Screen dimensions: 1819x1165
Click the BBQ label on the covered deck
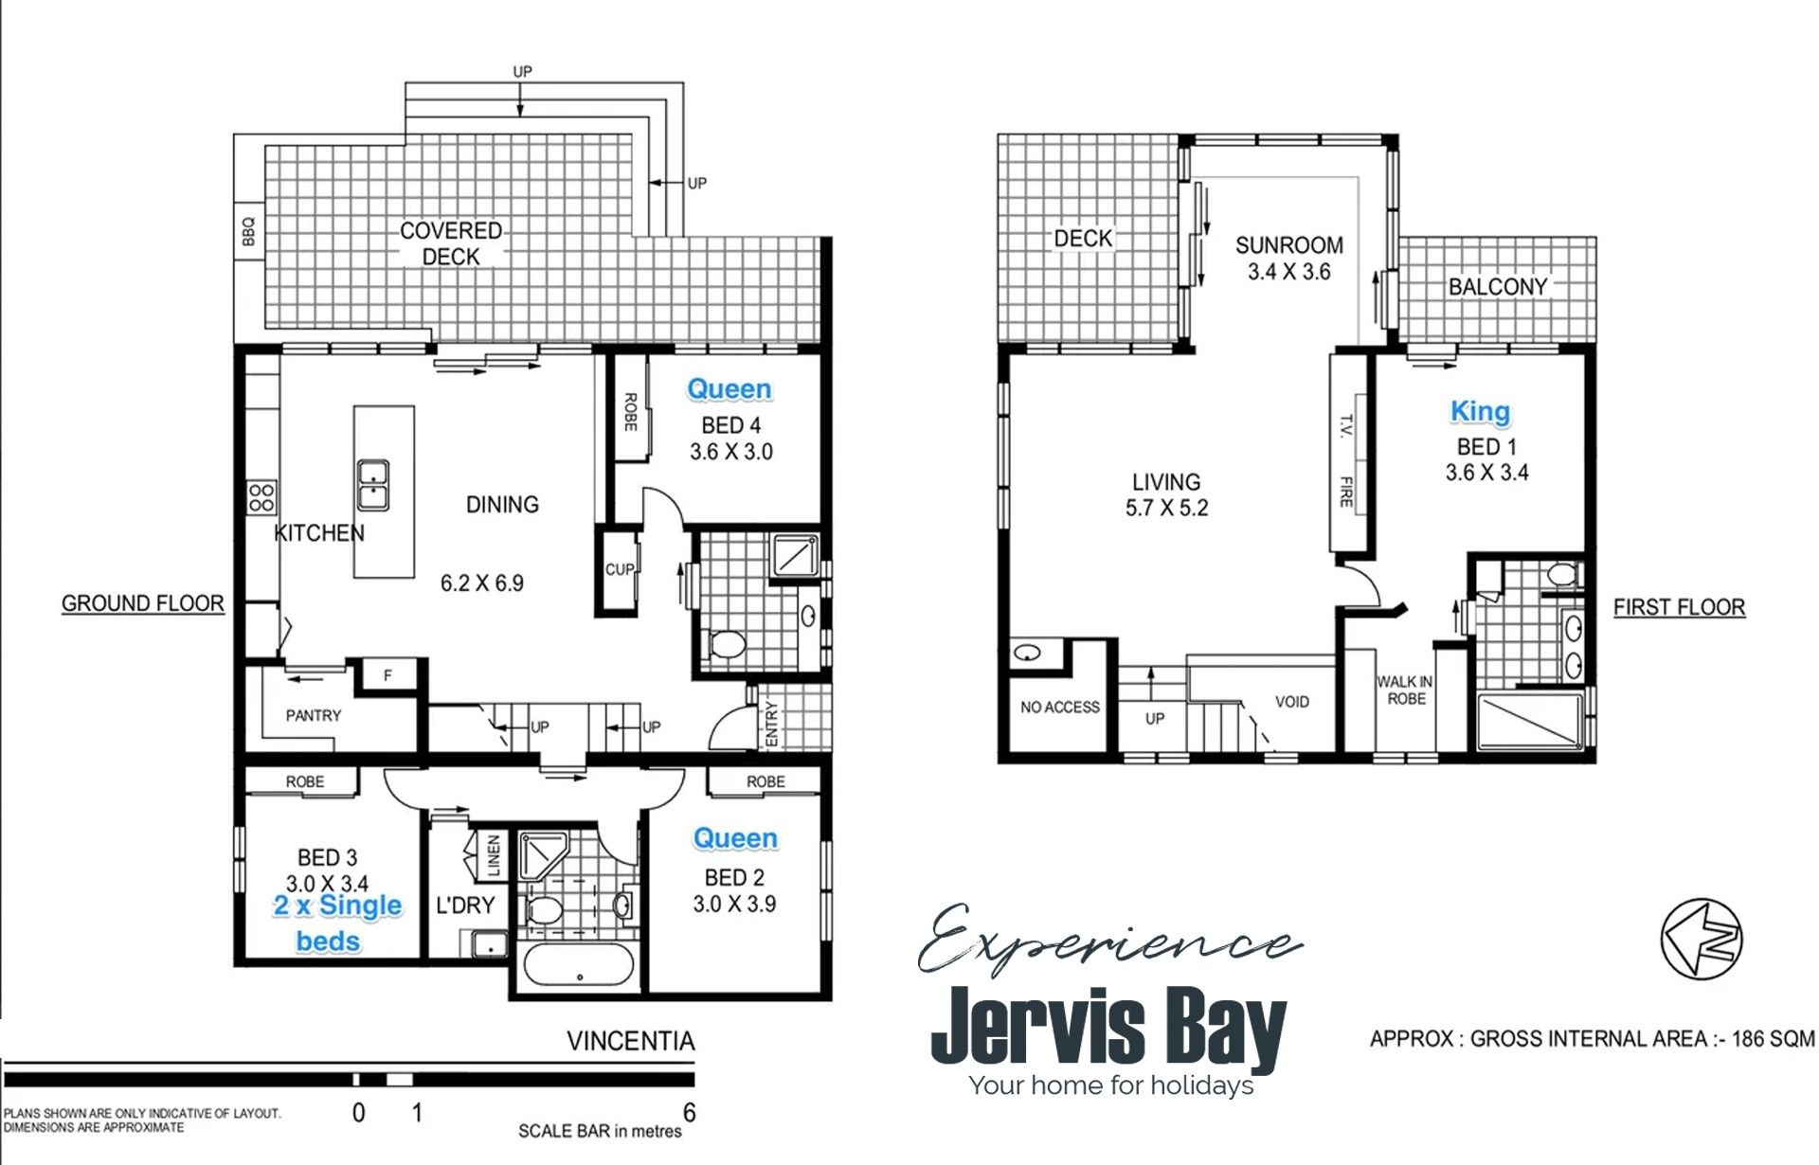coord(248,231)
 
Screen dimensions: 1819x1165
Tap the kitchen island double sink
coord(373,485)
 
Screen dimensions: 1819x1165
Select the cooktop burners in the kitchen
coord(261,497)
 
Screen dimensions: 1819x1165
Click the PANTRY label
coord(314,716)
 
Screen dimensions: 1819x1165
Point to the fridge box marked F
coord(387,675)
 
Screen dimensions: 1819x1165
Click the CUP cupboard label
coord(620,569)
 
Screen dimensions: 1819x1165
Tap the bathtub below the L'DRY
coord(578,966)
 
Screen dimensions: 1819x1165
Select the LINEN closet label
coord(494,855)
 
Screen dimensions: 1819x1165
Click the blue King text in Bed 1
coord(1481,412)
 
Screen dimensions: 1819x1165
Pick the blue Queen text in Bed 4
coord(729,388)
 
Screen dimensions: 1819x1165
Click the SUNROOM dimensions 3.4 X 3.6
coord(1289,272)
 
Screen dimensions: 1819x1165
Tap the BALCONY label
coord(1498,286)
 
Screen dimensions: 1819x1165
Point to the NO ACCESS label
coord(1060,708)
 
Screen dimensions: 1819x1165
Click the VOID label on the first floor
coord(1292,702)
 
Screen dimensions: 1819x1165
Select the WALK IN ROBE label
coord(1406,690)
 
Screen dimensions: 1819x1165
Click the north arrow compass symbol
coord(1702,939)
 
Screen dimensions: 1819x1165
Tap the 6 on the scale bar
coord(689,1113)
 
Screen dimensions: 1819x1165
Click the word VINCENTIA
coord(631,1042)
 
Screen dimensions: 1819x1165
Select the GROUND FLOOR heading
coord(143,603)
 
